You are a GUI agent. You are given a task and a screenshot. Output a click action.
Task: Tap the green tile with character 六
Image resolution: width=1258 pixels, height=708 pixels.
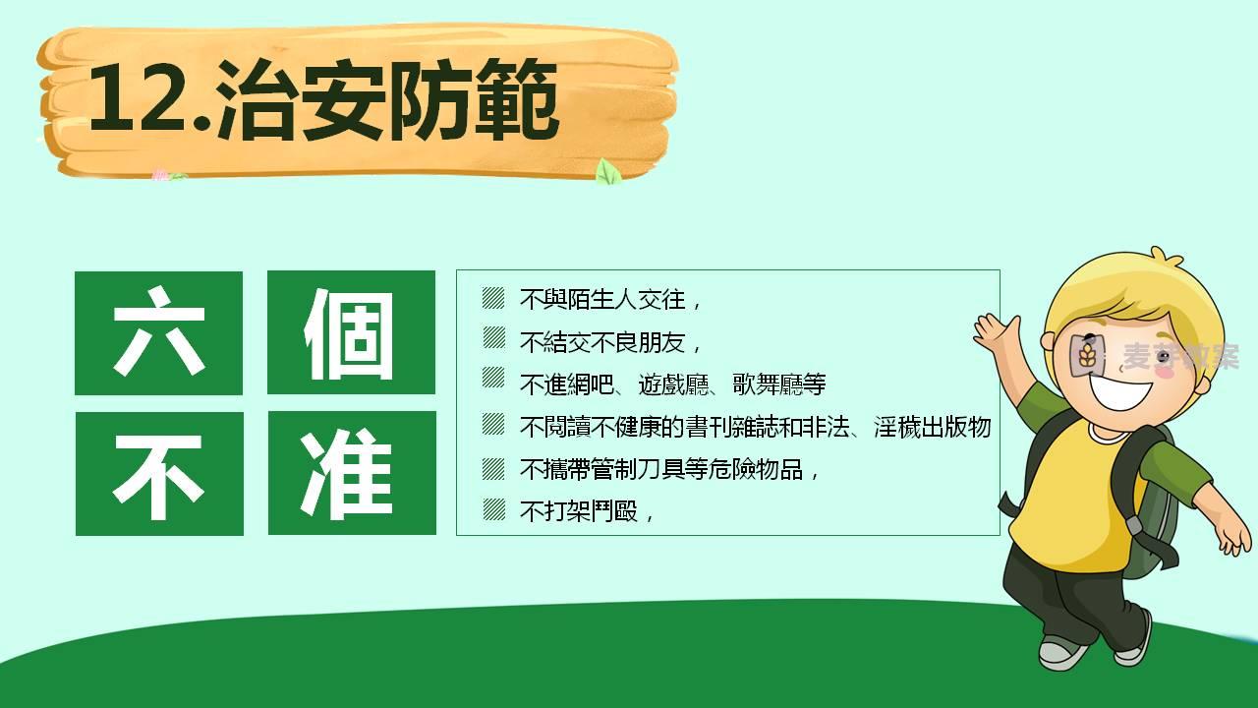click(x=159, y=332)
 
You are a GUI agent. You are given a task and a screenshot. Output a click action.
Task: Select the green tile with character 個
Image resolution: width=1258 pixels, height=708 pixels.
click(x=351, y=332)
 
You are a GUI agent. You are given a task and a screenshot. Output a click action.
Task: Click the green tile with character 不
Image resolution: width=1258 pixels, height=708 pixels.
click(x=159, y=474)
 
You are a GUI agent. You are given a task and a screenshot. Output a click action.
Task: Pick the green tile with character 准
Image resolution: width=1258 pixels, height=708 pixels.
click(x=352, y=473)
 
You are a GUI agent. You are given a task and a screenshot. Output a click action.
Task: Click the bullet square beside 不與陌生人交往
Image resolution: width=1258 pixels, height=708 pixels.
click(x=493, y=298)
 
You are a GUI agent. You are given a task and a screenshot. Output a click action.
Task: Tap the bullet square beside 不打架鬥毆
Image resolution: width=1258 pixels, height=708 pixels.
click(x=493, y=509)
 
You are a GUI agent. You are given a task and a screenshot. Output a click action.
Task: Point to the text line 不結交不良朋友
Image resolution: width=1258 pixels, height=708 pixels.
click(x=603, y=342)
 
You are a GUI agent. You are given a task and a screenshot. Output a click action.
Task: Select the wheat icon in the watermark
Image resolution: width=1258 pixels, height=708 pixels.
click(x=1087, y=356)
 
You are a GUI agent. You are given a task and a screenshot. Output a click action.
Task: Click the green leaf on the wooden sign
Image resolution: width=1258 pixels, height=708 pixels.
click(x=607, y=171)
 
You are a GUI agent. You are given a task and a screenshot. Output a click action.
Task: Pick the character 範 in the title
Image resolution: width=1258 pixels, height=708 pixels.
click(x=516, y=99)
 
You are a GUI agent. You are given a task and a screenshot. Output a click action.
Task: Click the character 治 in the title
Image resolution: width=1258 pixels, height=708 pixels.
click(x=256, y=99)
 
